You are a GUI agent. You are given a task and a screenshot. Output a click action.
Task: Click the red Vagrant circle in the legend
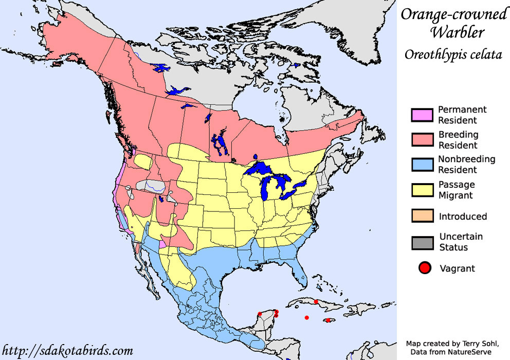coord(425,268)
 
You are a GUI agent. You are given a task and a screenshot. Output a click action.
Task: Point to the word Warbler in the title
coord(457,32)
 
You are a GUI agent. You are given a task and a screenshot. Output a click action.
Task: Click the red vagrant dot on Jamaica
coord(328,320)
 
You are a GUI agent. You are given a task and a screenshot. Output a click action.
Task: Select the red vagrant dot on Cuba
coord(316,302)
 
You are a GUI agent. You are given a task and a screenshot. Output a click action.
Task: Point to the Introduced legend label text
coord(463,217)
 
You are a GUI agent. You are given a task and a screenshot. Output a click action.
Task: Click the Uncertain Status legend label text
coord(461,242)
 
